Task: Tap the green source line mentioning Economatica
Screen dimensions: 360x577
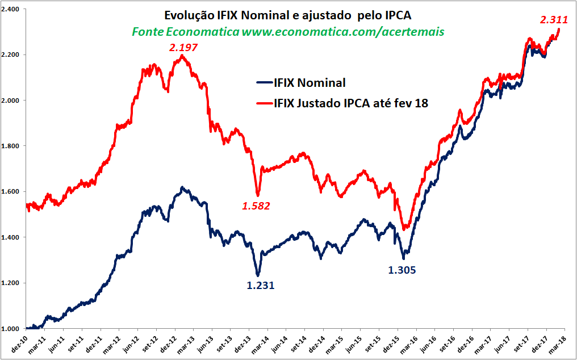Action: point(288,32)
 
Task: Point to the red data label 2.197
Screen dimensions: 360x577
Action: point(183,48)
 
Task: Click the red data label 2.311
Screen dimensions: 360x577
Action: point(554,20)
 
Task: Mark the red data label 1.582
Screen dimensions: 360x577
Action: point(256,206)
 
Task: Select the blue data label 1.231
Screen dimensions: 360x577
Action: point(261,286)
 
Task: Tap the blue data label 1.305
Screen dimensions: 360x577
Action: point(402,270)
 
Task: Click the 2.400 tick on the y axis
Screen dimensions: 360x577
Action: point(11,10)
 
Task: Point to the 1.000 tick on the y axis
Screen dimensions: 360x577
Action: point(11,329)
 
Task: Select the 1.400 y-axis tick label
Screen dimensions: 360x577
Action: point(11,237)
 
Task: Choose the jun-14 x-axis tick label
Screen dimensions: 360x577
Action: point(278,342)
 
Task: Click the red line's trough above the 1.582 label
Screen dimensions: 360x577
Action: point(258,195)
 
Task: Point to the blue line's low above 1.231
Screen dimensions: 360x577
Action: point(258,275)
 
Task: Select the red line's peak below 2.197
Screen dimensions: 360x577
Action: point(182,56)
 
